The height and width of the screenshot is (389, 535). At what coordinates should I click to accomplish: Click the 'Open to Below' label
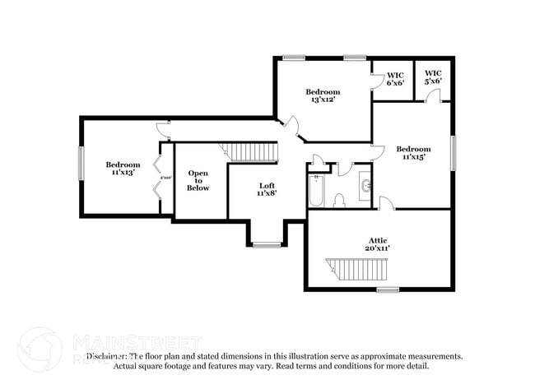coord(198,180)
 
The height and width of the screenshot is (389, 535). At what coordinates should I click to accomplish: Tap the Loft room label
coord(267,189)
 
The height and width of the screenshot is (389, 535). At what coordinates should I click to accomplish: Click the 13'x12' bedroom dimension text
coord(323,100)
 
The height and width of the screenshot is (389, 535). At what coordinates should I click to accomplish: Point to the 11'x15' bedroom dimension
coord(412,157)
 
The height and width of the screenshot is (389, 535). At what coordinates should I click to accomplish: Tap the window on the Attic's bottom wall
coord(388,289)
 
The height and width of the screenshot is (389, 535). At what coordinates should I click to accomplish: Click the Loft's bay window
coord(266,244)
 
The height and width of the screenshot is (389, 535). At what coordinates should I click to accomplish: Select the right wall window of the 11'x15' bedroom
coord(453,152)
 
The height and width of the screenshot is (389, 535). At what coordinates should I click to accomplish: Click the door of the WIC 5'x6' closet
coord(433,96)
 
